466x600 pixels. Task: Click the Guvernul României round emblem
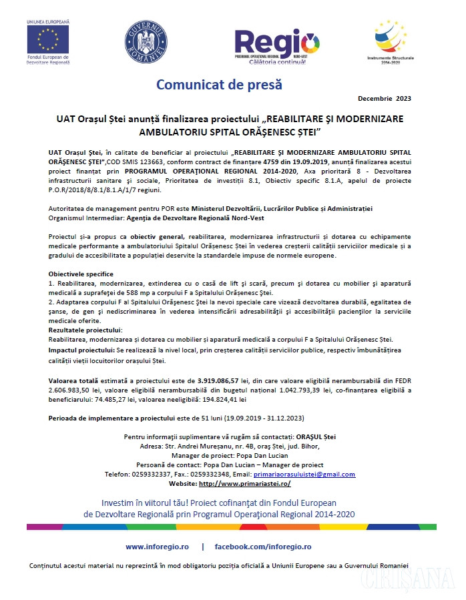pyautogui.click(x=146, y=42)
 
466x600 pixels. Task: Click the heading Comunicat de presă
pyautogui.click(x=219, y=85)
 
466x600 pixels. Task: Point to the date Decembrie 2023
pyautogui.click(x=385, y=99)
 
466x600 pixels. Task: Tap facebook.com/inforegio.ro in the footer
pyautogui.click(x=263, y=547)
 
